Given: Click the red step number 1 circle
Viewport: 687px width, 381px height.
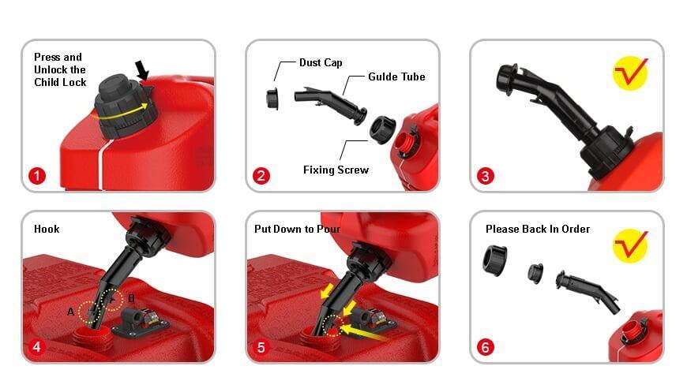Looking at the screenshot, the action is (x=37, y=176).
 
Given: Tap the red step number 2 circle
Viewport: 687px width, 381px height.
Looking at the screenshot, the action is (x=261, y=176).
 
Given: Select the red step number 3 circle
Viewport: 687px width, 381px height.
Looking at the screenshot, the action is (x=485, y=176).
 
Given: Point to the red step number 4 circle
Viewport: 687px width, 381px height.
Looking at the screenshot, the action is (x=37, y=347).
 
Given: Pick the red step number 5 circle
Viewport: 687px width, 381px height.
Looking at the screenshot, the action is (x=261, y=347).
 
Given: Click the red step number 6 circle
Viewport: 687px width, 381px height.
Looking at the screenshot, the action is (x=485, y=347).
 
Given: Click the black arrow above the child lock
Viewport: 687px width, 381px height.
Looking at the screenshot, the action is (x=142, y=70).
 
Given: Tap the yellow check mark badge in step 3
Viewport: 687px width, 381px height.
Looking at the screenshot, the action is (x=630, y=73).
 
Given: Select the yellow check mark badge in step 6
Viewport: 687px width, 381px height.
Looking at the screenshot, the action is (x=630, y=245).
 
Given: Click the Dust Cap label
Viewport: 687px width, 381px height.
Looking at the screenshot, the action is (x=321, y=62).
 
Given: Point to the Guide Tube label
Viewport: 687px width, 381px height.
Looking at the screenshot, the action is (x=396, y=77).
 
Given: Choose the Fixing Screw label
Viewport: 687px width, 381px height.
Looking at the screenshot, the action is (x=336, y=170).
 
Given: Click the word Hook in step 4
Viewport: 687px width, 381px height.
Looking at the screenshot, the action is (x=47, y=229).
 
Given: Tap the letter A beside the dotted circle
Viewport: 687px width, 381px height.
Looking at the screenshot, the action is (x=70, y=312).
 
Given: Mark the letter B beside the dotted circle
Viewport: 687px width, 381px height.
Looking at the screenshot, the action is (x=131, y=298).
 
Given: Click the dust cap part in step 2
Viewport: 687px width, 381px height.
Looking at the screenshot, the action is (x=272, y=99).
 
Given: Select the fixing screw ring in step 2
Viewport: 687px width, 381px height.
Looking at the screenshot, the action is (x=382, y=129).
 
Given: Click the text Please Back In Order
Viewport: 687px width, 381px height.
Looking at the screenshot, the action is (x=538, y=229).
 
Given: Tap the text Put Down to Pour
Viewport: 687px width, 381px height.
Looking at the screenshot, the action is (x=297, y=229).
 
